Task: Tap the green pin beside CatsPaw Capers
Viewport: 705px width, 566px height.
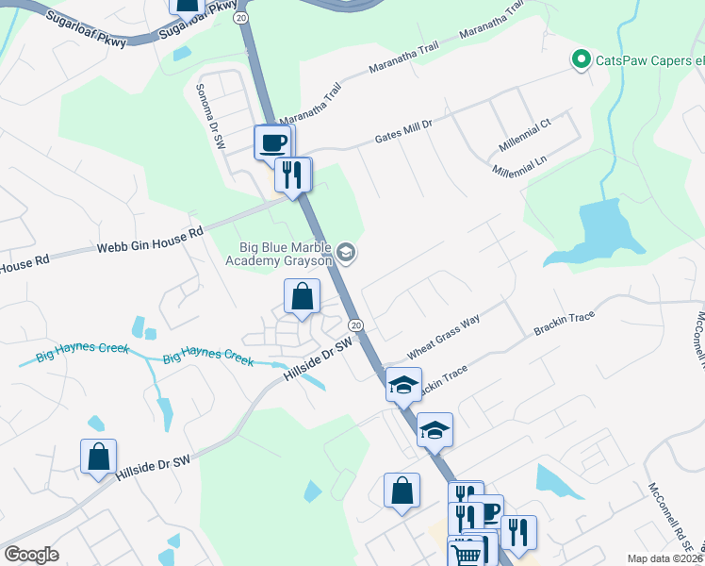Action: (582, 60)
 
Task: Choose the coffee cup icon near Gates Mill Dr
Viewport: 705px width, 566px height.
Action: (273, 142)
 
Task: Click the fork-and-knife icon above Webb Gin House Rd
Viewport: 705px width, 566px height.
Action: (293, 174)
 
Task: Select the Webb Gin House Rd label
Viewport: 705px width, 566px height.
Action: (150, 242)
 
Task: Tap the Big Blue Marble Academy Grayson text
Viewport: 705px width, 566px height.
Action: (285, 253)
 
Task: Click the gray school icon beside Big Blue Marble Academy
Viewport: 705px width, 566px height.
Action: (347, 251)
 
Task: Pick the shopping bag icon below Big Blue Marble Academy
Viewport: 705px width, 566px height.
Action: (303, 297)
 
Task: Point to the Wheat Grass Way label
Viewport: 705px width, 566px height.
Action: (443, 334)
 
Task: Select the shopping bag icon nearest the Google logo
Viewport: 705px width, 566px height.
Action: (98, 457)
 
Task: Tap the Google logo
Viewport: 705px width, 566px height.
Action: (31, 555)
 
